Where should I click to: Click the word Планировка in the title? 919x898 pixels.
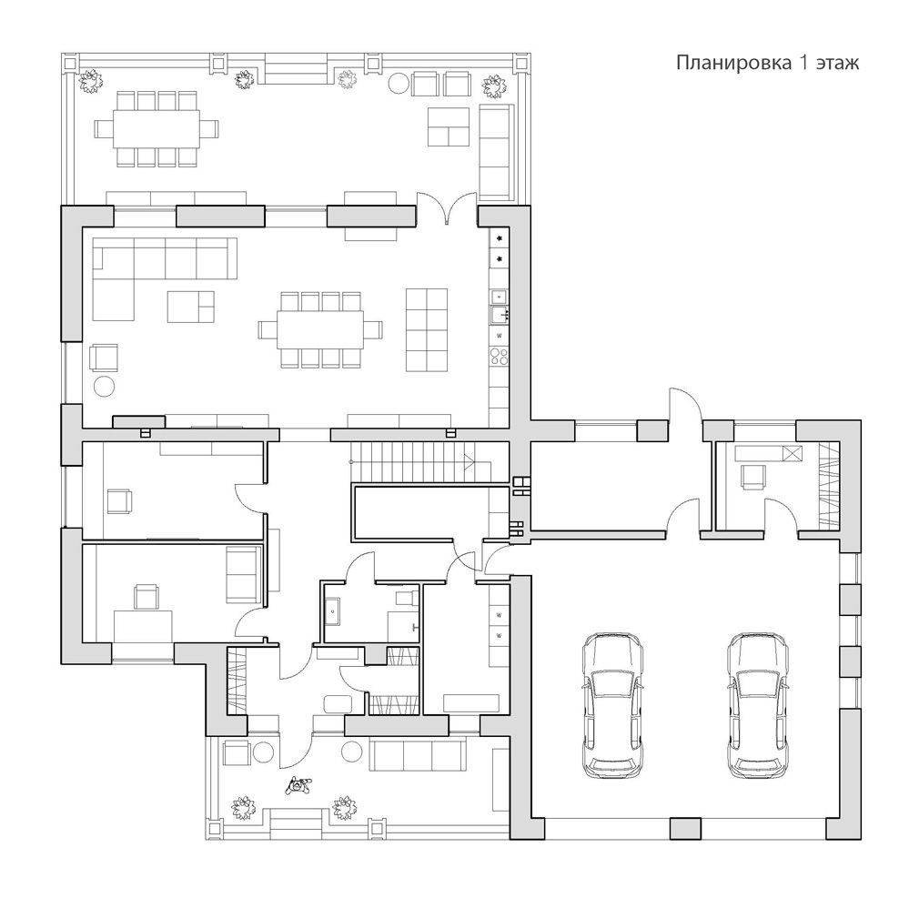[x=733, y=63]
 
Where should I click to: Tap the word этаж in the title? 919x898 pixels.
[x=836, y=63]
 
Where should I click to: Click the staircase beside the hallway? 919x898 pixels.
[x=420, y=461]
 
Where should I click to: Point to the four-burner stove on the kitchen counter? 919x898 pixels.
[x=499, y=357]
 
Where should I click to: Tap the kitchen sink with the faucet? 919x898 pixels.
[x=500, y=315]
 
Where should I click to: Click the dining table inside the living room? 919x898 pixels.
[x=320, y=330]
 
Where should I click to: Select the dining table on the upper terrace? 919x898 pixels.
[x=157, y=128]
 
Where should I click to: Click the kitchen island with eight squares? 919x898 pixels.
[x=427, y=329]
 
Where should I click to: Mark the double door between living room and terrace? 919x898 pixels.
[x=448, y=207]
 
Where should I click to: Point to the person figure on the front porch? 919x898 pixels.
[x=298, y=784]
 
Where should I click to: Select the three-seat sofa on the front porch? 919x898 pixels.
[x=418, y=755]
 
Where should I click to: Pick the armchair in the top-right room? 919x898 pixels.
[x=753, y=476]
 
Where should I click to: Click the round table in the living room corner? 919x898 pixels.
[x=105, y=387]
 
